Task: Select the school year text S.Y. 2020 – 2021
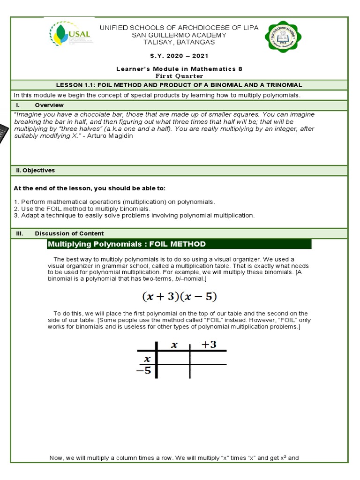point(179,55)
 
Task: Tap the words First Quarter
point(179,75)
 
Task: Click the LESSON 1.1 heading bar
point(179,85)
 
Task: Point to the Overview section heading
point(49,105)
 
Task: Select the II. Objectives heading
point(34,171)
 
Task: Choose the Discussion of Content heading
point(69,233)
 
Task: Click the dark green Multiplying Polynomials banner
point(179,244)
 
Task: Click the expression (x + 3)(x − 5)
point(180,297)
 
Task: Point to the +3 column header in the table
point(209,345)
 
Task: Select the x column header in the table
point(174,345)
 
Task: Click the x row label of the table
point(147,359)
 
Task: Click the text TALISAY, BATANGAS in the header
point(179,42)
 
